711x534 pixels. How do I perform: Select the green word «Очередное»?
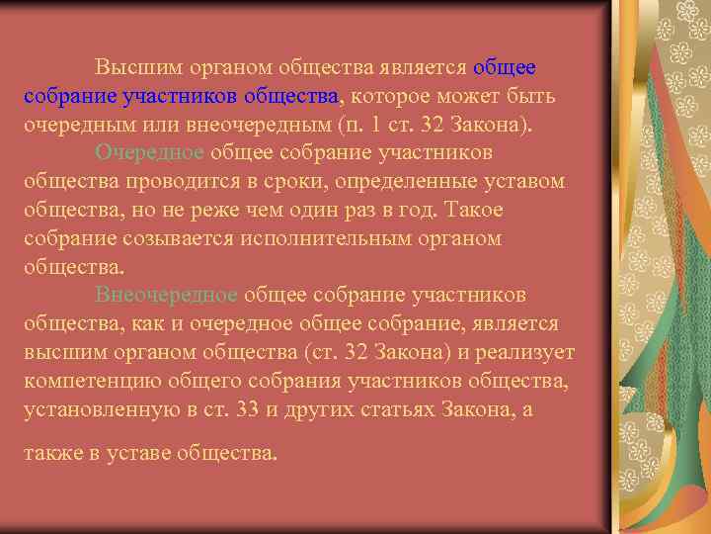(x=149, y=153)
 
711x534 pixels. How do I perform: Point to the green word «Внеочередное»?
(x=166, y=296)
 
